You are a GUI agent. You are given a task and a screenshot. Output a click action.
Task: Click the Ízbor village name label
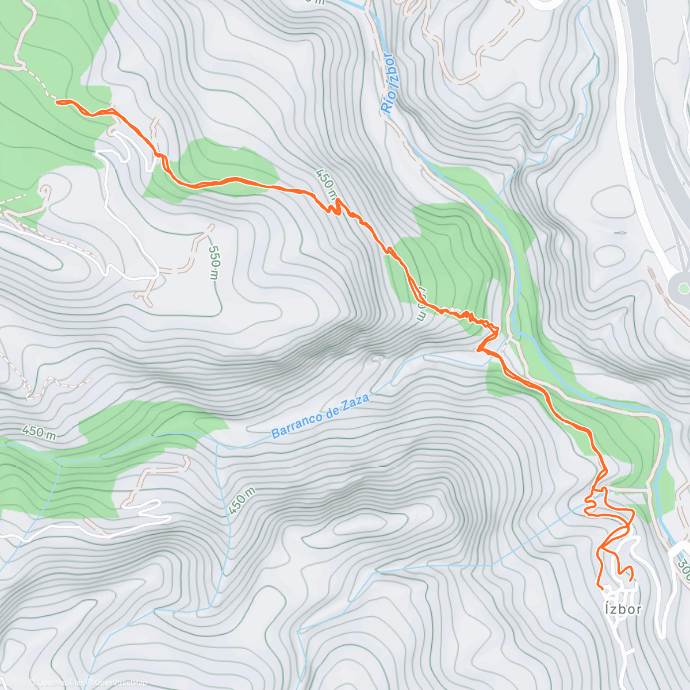(x=622, y=608)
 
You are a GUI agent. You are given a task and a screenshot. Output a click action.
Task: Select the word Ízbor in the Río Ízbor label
(x=390, y=68)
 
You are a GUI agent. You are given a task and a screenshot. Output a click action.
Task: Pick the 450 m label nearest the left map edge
(x=39, y=432)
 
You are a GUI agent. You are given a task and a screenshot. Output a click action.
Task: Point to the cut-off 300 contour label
(x=683, y=566)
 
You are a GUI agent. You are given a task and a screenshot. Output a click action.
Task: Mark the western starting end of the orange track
(x=57, y=102)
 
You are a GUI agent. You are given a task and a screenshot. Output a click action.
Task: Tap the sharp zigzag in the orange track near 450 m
(x=335, y=207)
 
